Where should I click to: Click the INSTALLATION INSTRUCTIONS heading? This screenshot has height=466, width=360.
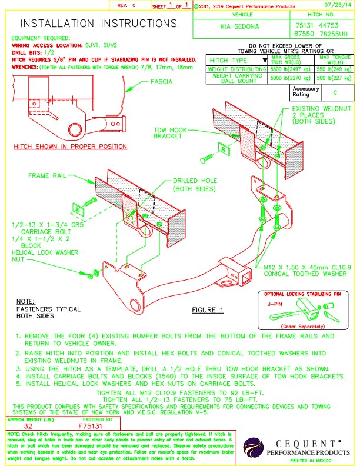(x=98, y=24)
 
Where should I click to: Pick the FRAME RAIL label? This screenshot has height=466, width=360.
(x=47, y=175)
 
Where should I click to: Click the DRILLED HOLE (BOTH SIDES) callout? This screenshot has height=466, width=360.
(x=195, y=185)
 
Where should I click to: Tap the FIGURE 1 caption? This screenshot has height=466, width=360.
(x=208, y=309)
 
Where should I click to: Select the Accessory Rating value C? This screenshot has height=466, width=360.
(x=335, y=92)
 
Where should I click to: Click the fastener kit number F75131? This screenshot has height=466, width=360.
(x=90, y=425)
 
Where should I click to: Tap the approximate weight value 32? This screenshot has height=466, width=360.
(x=28, y=425)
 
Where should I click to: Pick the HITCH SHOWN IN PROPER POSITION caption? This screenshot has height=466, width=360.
(x=70, y=147)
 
